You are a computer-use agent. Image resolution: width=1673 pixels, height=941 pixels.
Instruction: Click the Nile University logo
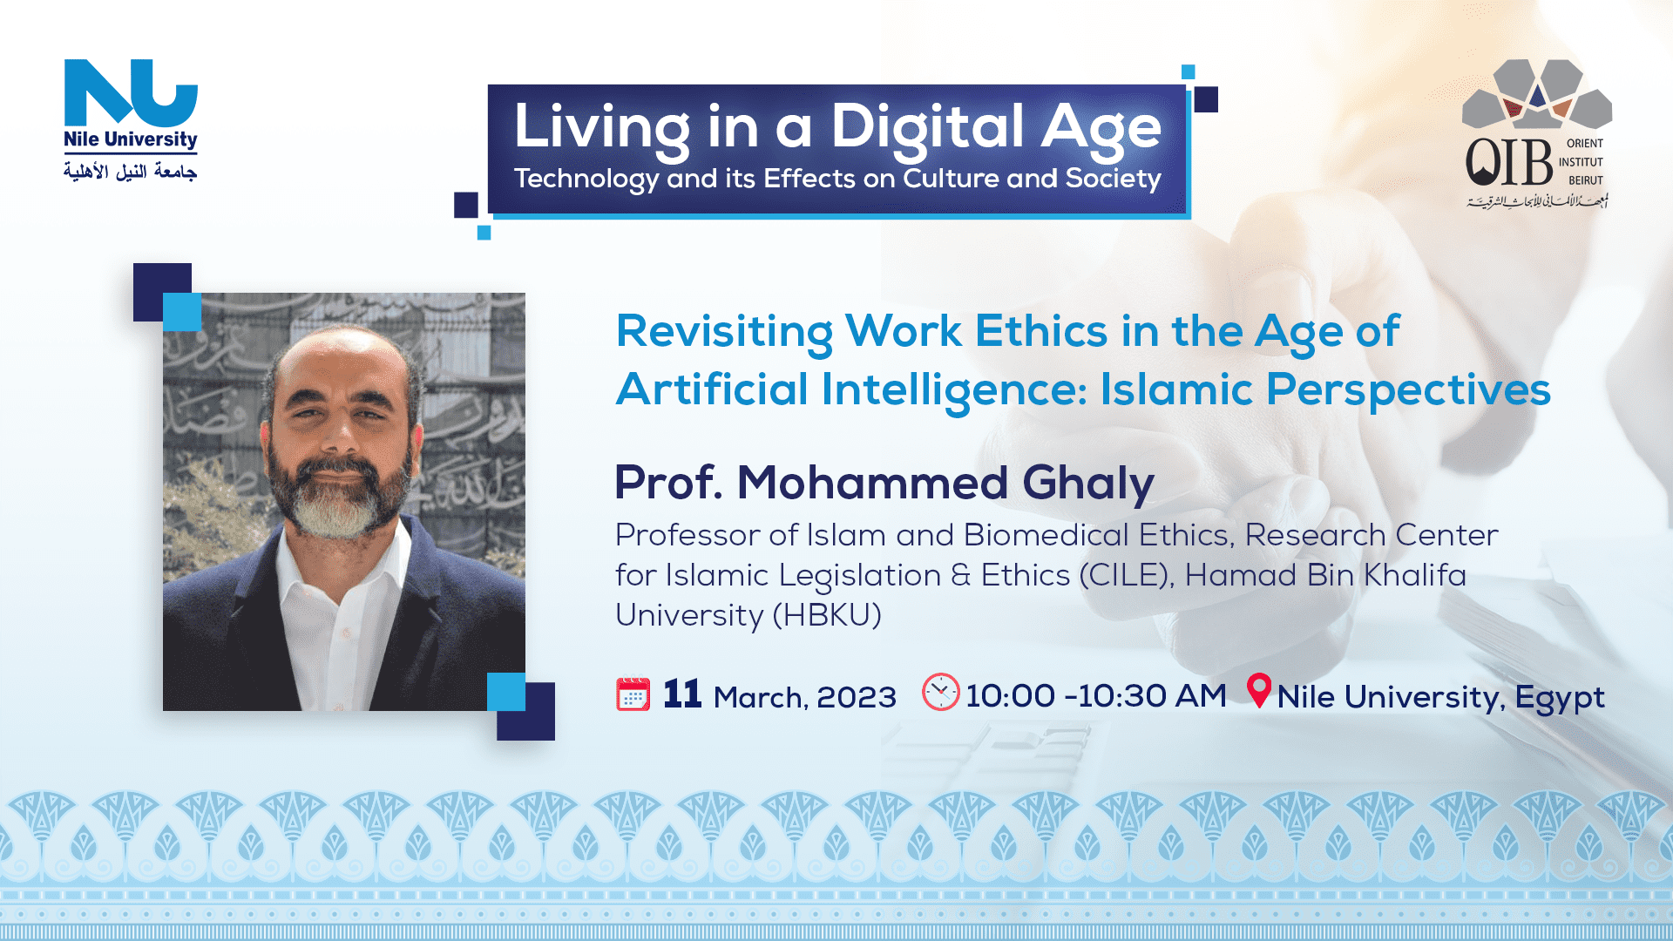tap(131, 119)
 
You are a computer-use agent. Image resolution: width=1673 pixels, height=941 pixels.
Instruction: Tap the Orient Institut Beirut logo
tap(1538, 134)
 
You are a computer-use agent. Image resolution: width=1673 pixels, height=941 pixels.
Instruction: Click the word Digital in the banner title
tap(926, 128)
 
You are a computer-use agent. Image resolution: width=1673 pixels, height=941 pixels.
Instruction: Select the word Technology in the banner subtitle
tap(586, 179)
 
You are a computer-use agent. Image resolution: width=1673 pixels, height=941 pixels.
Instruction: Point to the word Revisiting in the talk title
tap(724, 333)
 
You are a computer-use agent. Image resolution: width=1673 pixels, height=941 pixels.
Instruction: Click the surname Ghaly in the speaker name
tap(1088, 484)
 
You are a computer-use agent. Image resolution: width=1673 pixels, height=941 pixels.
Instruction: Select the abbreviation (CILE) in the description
tap(1127, 576)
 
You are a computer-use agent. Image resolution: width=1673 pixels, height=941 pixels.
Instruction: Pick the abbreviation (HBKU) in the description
tap(827, 616)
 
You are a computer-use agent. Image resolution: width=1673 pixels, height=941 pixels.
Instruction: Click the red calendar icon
tap(633, 694)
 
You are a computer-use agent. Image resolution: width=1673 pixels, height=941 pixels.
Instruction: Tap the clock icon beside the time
tap(941, 693)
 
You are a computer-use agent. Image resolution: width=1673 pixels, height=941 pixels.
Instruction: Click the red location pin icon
tap(1259, 690)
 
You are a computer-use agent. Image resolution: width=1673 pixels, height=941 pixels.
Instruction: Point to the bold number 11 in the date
tap(682, 694)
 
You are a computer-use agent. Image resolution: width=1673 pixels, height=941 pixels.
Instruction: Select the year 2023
tap(857, 698)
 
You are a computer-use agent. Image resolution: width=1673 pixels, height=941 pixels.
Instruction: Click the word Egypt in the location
tap(1560, 699)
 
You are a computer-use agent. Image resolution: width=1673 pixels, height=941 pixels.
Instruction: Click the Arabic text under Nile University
tap(131, 171)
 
